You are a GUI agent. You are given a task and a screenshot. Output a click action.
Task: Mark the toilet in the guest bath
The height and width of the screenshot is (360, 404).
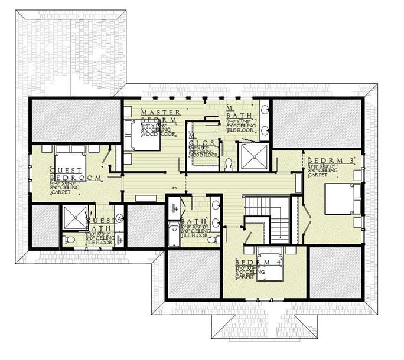(69, 240)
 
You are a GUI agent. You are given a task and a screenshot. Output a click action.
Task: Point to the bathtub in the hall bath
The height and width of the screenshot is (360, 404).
(172, 236)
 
